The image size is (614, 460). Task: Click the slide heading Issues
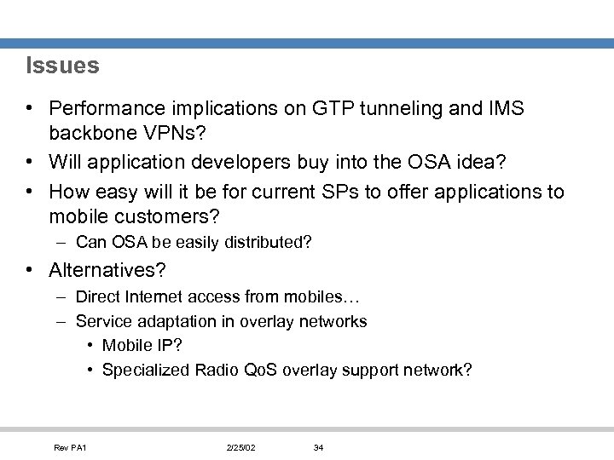click(x=62, y=66)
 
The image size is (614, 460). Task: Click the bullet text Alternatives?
click(x=107, y=271)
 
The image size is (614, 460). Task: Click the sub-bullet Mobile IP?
click(x=142, y=346)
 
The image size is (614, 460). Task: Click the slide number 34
click(x=318, y=448)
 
